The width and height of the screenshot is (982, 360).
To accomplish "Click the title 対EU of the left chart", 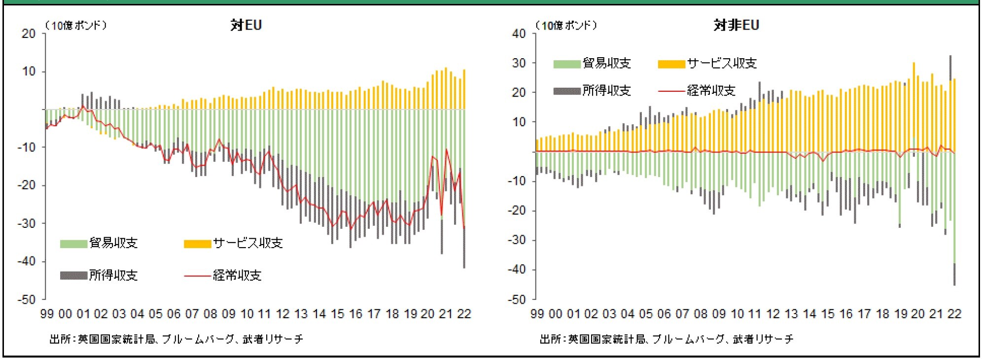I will (x=246, y=25).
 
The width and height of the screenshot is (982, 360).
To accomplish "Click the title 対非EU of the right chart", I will (x=736, y=25).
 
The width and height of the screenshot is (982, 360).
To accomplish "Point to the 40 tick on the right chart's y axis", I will (x=519, y=34).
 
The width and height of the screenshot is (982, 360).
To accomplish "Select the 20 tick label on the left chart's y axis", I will (x=29, y=34).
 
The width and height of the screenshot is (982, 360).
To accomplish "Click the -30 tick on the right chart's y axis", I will (x=517, y=240).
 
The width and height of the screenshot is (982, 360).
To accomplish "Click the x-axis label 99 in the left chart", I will (x=47, y=314).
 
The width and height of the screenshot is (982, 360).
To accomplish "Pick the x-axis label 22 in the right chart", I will (x=954, y=314).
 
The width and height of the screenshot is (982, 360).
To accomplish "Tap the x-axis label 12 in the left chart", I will (x=282, y=314).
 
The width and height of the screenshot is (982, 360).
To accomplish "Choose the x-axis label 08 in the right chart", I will (x=700, y=314).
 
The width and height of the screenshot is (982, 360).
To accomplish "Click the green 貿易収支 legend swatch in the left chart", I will (x=73, y=244).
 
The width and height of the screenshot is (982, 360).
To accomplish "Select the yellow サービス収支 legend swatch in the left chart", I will (x=197, y=244).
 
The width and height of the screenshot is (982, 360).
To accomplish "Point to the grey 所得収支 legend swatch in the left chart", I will (x=73, y=275).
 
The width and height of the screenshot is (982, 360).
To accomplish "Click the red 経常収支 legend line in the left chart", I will (x=197, y=276).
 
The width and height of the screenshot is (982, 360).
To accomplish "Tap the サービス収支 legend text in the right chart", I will (x=722, y=63).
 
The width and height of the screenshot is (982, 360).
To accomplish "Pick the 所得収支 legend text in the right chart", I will (x=606, y=91).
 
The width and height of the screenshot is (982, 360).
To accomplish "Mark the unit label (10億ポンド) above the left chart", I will (x=76, y=25).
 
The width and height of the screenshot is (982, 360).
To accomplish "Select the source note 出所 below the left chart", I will (x=176, y=339).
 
